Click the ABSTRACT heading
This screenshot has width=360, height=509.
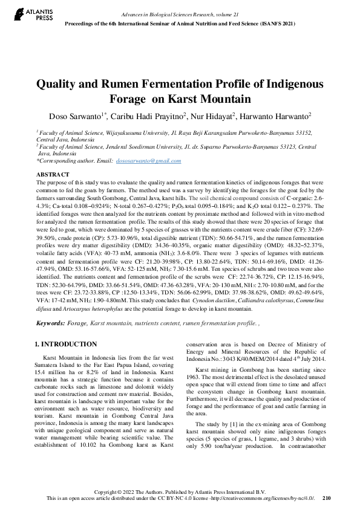pyautogui.click(x=52, y=174)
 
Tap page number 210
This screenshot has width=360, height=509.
pyautogui.click(x=327, y=499)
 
